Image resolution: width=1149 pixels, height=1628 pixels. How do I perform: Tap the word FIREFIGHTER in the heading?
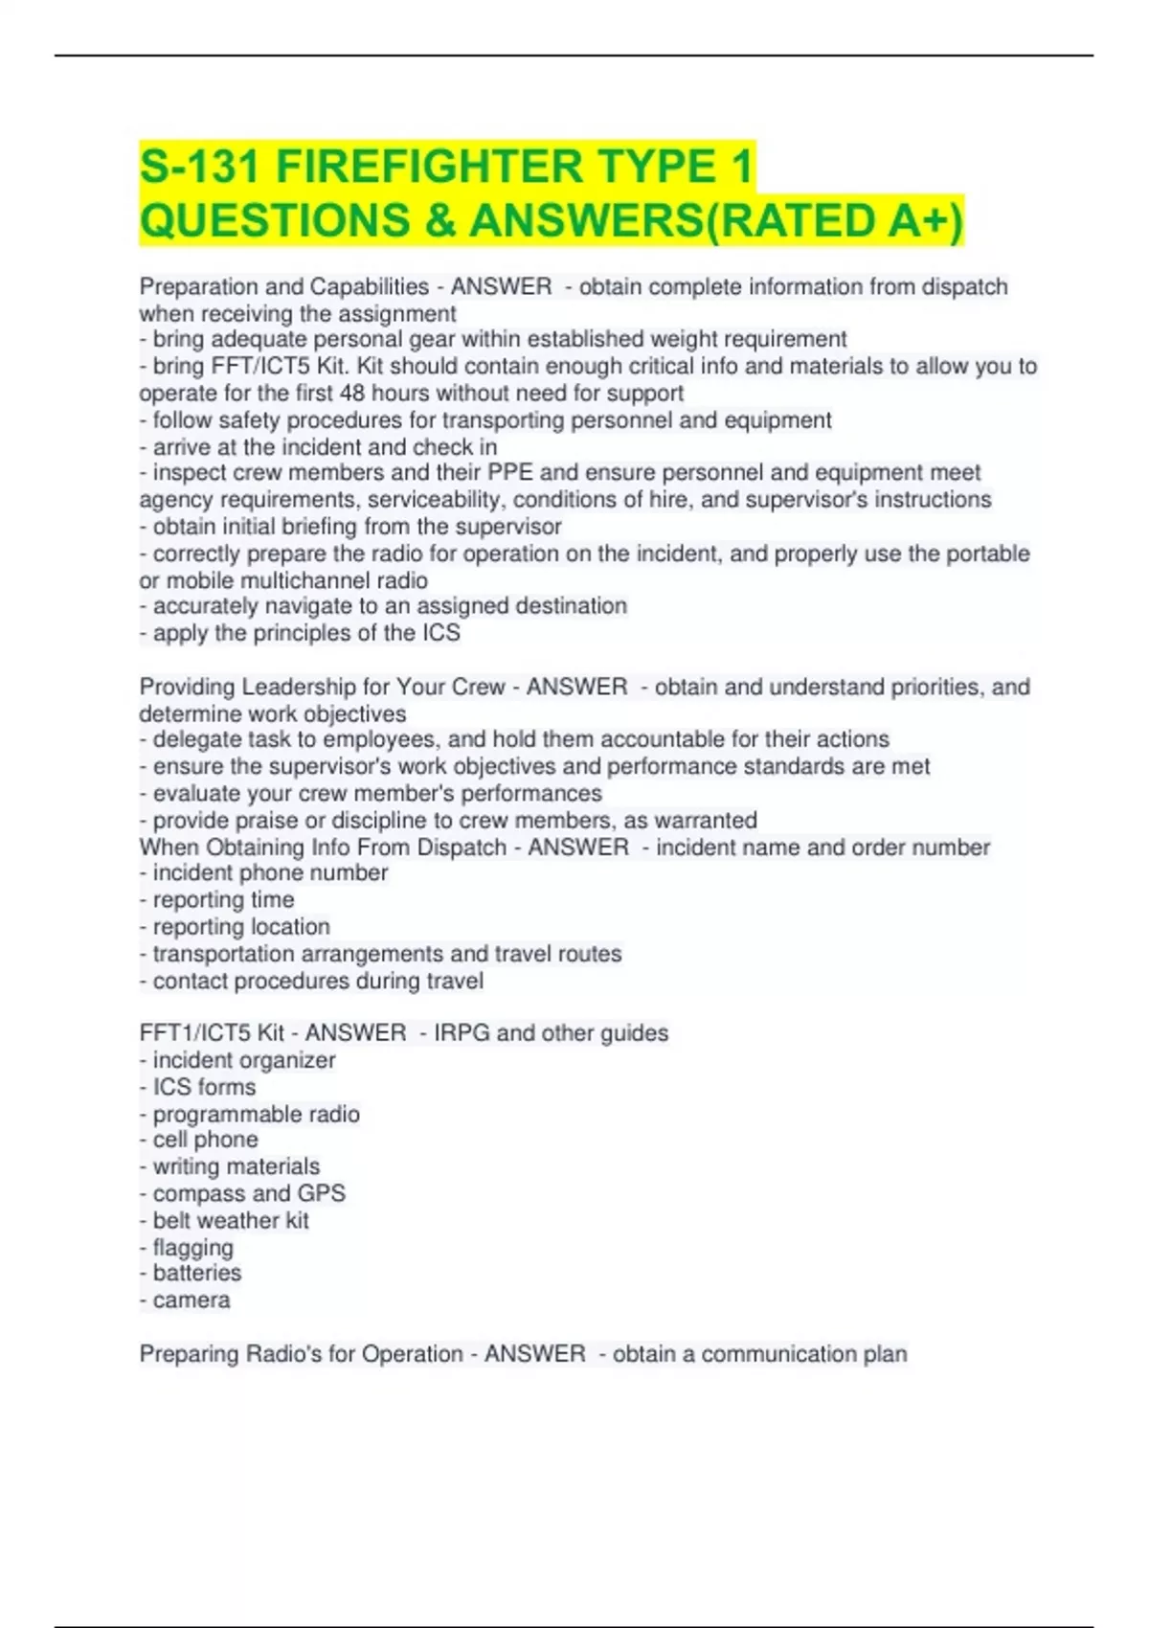(429, 167)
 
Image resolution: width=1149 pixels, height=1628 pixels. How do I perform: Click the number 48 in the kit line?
(353, 394)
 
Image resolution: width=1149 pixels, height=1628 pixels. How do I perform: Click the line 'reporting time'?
(223, 900)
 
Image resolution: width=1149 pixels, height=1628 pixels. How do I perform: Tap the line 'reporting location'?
(241, 927)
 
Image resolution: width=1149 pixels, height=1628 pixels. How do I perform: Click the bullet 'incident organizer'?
(243, 1061)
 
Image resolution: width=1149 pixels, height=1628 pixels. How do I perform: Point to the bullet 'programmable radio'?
(256, 1115)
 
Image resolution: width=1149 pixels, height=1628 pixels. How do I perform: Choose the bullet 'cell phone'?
(205, 1140)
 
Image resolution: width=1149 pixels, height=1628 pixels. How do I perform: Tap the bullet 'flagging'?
(192, 1248)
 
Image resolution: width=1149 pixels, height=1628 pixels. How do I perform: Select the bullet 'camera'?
(191, 1300)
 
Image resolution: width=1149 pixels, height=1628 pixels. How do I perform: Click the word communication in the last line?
(770, 1354)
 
